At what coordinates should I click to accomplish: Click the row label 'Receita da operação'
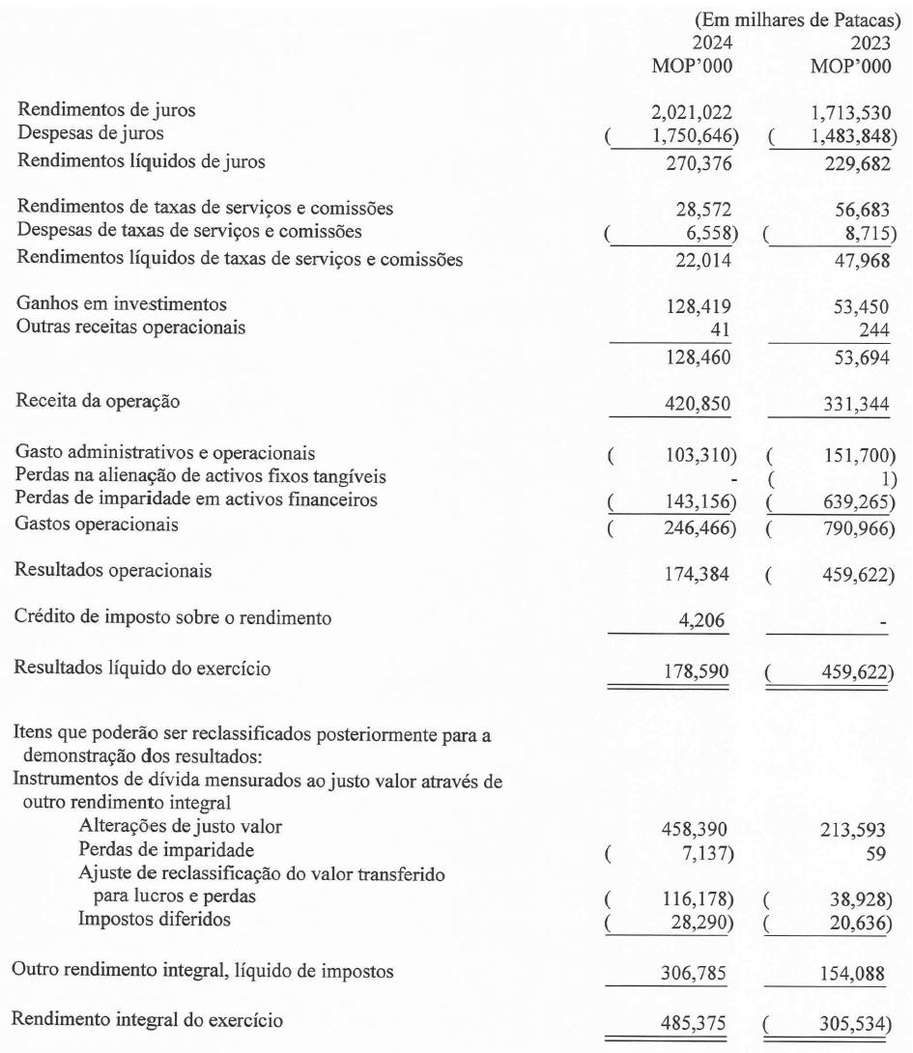tap(90, 402)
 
